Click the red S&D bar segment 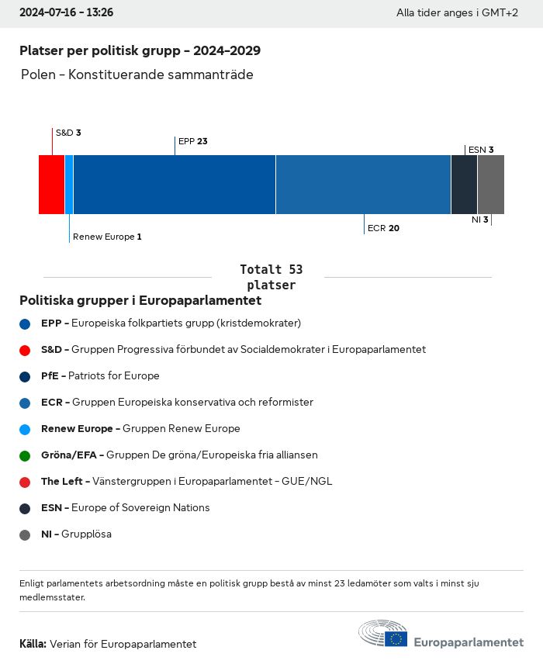point(51,185)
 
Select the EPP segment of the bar point(175,185)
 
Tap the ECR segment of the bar point(363,185)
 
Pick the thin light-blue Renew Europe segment point(69,185)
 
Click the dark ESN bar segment point(464,185)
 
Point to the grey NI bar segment point(491,185)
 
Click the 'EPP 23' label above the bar point(193,141)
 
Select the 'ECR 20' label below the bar point(383,228)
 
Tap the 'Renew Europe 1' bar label point(107,237)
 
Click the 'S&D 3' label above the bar point(68,133)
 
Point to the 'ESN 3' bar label point(481,150)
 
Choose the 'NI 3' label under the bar point(479,220)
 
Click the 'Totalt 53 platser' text point(271,277)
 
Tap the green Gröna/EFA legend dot point(25,455)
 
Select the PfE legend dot point(25,376)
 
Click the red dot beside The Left point(25,482)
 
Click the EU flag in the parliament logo point(396,638)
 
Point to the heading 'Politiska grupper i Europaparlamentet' point(140,300)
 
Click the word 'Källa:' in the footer point(33,644)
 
